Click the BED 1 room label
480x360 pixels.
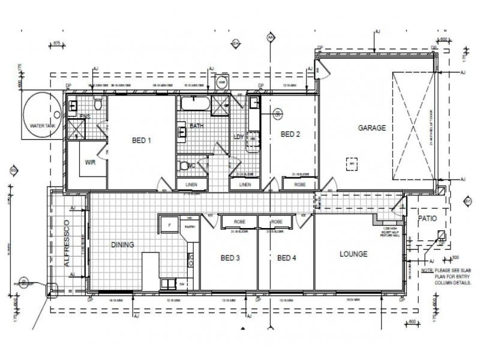(x=142, y=140)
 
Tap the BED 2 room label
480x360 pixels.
(x=290, y=134)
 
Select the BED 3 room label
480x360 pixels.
(x=230, y=258)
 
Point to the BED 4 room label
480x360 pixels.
(x=287, y=258)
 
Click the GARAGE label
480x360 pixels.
(x=372, y=128)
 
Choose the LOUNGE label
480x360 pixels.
(x=353, y=254)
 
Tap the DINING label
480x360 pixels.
(x=122, y=245)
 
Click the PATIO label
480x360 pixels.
(x=427, y=219)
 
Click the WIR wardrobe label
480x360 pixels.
(x=91, y=162)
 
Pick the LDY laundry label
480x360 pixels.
(x=238, y=137)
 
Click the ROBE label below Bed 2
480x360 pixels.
(x=300, y=185)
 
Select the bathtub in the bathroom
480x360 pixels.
(x=195, y=105)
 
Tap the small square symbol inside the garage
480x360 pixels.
(x=352, y=161)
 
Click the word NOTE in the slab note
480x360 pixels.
(x=427, y=271)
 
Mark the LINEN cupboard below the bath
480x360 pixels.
(x=192, y=185)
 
